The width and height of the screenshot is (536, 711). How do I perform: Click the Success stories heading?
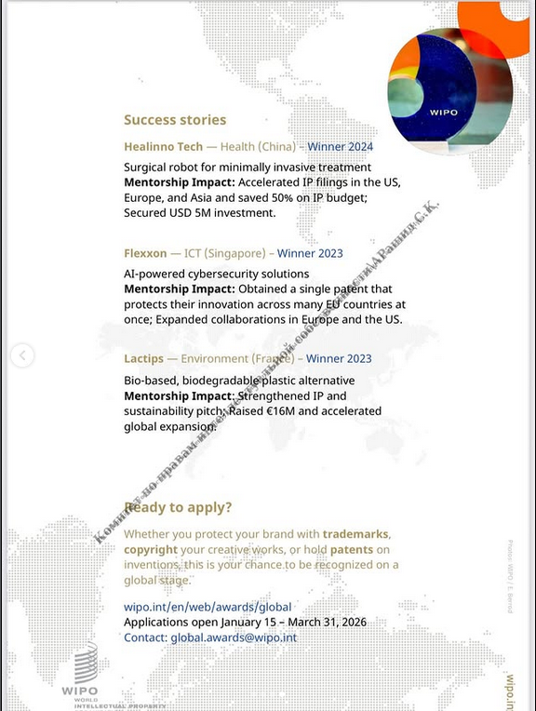click(x=175, y=119)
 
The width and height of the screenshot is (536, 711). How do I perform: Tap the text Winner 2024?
click(x=340, y=147)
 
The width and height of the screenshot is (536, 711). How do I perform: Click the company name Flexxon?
click(x=145, y=253)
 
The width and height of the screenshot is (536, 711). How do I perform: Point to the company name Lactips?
click(x=145, y=358)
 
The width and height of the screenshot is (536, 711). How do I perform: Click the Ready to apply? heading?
click(x=178, y=507)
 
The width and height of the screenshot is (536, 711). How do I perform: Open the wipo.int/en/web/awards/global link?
click(x=208, y=607)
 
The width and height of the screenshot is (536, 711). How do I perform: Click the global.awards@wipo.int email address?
click(x=234, y=637)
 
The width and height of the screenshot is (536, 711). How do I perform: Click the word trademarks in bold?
click(x=355, y=534)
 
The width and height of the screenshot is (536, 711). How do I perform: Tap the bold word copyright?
click(x=150, y=549)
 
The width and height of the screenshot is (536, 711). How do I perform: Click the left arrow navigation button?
click(x=22, y=355)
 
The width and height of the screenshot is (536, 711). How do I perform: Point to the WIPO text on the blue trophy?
click(x=444, y=113)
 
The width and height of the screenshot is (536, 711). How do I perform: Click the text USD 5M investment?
click(x=199, y=213)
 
